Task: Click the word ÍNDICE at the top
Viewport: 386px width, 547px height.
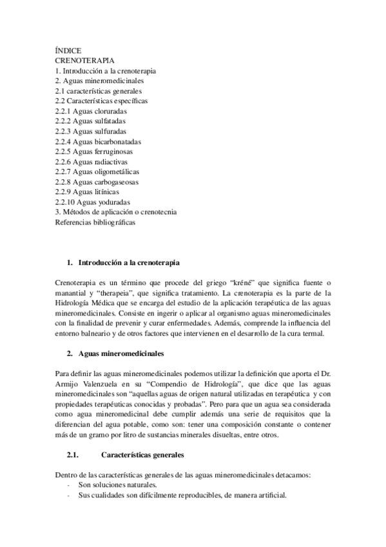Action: pyautogui.click(x=68, y=50)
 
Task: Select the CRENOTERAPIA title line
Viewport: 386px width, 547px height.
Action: pyautogui.click(x=84, y=60)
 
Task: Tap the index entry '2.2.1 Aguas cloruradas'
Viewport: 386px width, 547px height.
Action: pyautogui.click(x=91, y=111)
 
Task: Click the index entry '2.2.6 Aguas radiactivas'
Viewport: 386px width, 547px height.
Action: pyautogui.click(x=92, y=161)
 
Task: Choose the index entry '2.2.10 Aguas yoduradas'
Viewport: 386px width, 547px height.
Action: pyautogui.click(x=97, y=202)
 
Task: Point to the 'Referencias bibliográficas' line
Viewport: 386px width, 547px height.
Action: pyautogui.click(x=95, y=222)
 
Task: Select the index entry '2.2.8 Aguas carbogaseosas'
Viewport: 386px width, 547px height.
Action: pyautogui.click(x=97, y=181)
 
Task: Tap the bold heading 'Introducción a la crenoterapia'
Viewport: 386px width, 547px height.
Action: pyautogui.click(x=129, y=263)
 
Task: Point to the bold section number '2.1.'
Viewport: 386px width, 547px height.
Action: pyautogui.click(x=72, y=455)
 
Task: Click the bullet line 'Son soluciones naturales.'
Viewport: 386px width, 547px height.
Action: pyautogui.click(x=117, y=486)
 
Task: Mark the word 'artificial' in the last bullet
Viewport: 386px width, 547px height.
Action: pyautogui.click(x=268, y=495)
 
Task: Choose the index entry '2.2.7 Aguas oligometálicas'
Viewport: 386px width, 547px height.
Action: pyautogui.click(x=97, y=172)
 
